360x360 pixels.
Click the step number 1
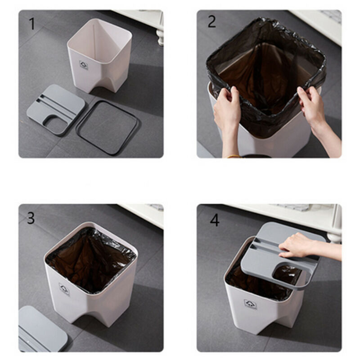(32, 23)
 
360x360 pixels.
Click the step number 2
(212, 21)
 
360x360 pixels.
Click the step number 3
(31, 218)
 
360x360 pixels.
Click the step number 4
(215, 220)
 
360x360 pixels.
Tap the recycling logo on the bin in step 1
(83, 65)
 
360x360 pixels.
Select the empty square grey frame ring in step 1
(106, 127)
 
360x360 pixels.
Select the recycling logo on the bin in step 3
(64, 289)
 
